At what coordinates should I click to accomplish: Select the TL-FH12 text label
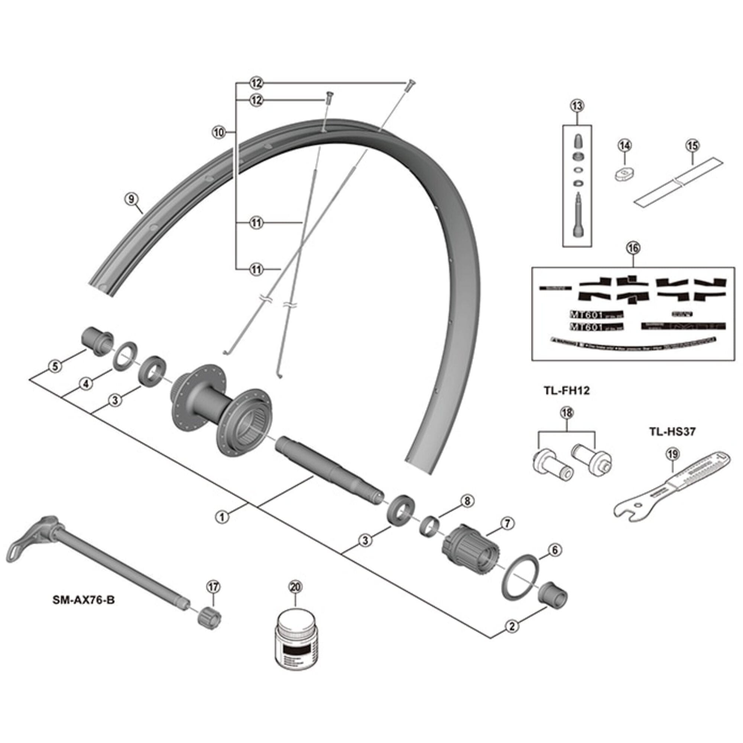567,391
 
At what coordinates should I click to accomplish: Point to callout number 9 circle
131,199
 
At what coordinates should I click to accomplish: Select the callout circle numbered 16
633,248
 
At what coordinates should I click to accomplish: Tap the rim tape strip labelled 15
679,182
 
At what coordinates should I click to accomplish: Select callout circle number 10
218,133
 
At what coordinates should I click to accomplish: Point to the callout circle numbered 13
577,106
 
